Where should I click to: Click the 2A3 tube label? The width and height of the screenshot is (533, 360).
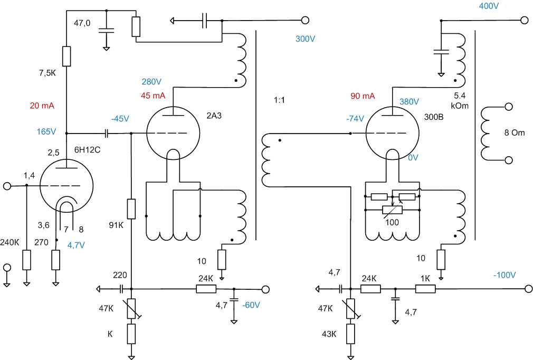(x=214, y=116)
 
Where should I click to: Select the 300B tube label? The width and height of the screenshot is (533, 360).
(x=434, y=117)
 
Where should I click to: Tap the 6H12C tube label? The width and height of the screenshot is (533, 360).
(x=88, y=149)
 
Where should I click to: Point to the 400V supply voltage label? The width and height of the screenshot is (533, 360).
(x=489, y=6)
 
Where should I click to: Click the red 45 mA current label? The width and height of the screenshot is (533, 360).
(x=153, y=96)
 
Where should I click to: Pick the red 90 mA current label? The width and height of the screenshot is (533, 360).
(x=363, y=96)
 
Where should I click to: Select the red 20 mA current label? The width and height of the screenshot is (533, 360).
(x=42, y=106)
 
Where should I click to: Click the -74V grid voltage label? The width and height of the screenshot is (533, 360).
(x=355, y=119)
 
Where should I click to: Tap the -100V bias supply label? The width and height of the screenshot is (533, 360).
(x=505, y=274)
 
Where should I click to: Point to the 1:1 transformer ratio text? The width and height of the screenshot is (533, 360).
(x=279, y=100)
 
